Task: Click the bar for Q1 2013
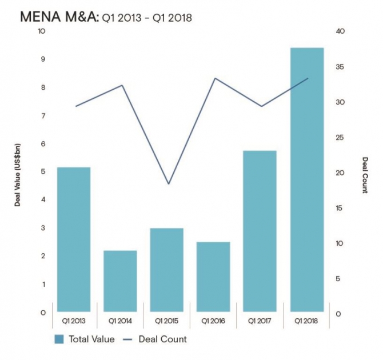click(x=74, y=239)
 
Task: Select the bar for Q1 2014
click(x=120, y=281)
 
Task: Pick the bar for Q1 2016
click(x=214, y=277)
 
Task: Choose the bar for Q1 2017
click(x=260, y=231)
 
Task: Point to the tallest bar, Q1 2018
click(x=307, y=180)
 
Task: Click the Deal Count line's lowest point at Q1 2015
click(x=168, y=184)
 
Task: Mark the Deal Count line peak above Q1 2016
click(x=215, y=78)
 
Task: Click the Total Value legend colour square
click(x=59, y=339)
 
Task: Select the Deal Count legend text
click(x=163, y=339)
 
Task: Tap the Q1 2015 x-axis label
click(x=167, y=321)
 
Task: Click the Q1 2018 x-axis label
click(x=307, y=321)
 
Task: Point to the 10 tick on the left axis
click(x=41, y=31)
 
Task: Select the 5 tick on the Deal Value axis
click(x=42, y=171)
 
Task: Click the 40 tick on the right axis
click(x=340, y=31)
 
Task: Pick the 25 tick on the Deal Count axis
click(x=340, y=137)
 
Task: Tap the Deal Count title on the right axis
click(x=364, y=174)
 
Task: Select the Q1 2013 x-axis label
click(x=74, y=321)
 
